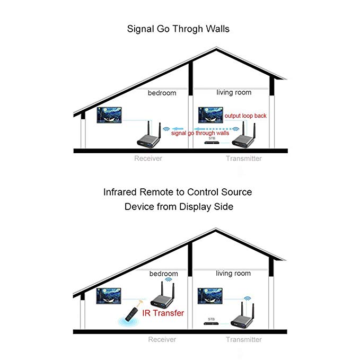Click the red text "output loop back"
(246, 116)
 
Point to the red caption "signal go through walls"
(200, 133)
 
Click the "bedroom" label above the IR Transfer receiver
(163, 273)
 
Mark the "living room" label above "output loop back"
(234, 92)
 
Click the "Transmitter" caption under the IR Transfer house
(243, 339)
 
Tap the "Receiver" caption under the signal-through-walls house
(148, 158)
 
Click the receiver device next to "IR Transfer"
(166, 300)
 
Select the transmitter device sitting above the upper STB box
(245, 138)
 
